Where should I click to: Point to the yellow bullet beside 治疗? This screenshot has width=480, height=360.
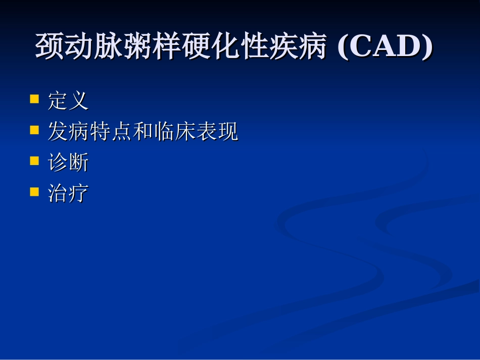pos(34,191)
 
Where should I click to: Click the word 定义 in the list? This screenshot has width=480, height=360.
pos(68,100)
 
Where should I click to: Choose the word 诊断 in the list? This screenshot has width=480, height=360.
pos(68,163)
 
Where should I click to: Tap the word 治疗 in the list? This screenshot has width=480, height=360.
pos(68,193)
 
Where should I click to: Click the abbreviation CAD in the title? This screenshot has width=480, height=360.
pos(385,47)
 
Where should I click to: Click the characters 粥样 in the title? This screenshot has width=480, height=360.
pos(152,47)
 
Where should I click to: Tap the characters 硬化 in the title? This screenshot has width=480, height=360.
pos(210,47)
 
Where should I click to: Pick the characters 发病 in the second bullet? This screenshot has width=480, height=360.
pos(69,132)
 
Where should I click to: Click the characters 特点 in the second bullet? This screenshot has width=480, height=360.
pos(111,132)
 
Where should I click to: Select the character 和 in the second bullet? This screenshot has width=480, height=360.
pos(143,132)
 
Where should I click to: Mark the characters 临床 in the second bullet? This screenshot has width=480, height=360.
pos(174,132)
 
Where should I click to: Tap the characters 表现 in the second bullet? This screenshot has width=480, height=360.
pos(217,132)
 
